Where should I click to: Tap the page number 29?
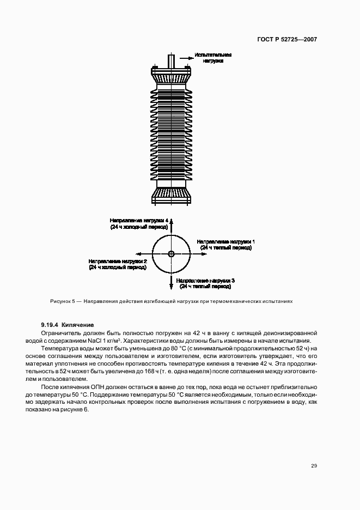314,465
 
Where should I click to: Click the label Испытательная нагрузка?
213,58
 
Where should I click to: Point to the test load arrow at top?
184,56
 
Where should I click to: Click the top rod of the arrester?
171,60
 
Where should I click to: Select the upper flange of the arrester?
171,70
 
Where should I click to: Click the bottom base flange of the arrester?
171,196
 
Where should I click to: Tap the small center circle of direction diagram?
171,253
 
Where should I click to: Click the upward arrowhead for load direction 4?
171,219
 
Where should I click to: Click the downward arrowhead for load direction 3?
171,287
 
